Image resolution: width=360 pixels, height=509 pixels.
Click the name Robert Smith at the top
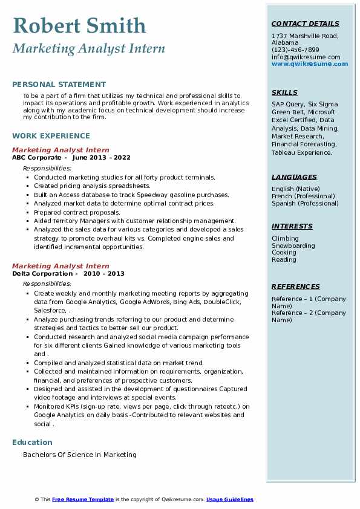[x=79, y=25]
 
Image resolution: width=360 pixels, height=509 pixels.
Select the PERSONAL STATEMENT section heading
[x=59, y=85]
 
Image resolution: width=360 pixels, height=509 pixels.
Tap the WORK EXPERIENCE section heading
[x=51, y=136]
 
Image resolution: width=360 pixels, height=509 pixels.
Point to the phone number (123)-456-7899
[x=295, y=50]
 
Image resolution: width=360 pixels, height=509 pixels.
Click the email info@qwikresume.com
[x=306, y=57]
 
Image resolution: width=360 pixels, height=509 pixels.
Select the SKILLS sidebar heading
[x=284, y=93]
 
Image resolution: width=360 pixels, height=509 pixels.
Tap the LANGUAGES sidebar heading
[x=294, y=178]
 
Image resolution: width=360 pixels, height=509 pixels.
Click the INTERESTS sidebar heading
[x=292, y=227]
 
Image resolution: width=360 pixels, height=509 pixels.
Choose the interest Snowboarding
[x=293, y=246]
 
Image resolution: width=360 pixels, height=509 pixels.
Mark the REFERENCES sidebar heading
[x=296, y=287]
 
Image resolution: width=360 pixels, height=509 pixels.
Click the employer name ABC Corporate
[x=36, y=157]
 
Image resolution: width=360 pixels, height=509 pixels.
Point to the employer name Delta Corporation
[x=41, y=273]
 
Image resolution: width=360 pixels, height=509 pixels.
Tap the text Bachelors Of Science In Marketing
[x=80, y=455]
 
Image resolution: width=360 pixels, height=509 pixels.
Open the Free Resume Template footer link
[x=83, y=499]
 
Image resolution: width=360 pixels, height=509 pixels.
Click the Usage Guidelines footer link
[x=230, y=499]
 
